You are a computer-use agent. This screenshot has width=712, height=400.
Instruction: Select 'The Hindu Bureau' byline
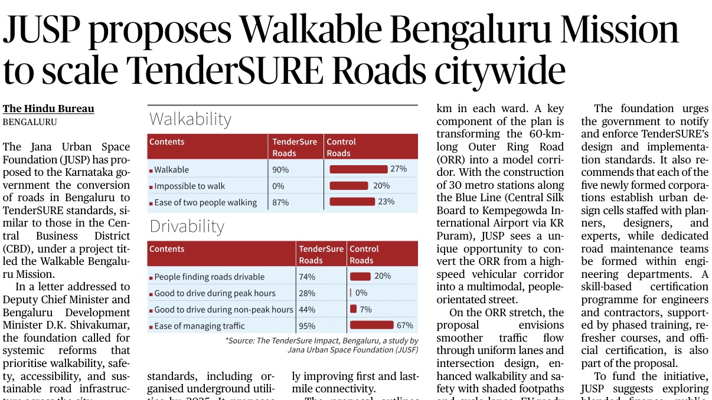[x=48, y=109]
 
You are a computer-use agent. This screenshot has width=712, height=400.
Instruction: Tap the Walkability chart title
[x=190, y=119]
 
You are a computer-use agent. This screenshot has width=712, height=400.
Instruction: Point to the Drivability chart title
[x=187, y=227]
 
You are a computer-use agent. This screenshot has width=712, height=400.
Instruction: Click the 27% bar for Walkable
[x=358, y=169]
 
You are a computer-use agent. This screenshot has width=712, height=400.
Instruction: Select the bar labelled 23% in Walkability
[x=352, y=202]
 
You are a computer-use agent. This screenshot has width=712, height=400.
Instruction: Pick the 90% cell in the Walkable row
[x=280, y=170]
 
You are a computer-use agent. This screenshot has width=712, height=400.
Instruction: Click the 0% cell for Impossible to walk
[x=278, y=186]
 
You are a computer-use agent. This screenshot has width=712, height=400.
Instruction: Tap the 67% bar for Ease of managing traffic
[x=371, y=325]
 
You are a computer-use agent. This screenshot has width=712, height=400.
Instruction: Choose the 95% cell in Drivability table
[x=307, y=326]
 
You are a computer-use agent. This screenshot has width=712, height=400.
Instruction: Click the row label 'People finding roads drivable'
[x=210, y=277]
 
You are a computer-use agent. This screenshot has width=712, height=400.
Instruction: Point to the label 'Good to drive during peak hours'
[x=215, y=293]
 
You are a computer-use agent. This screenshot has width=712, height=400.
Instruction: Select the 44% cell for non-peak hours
[x=307, y=309]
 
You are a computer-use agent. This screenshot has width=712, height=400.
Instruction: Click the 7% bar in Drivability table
[x=353, y=309]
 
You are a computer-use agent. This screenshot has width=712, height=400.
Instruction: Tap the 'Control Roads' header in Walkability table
[x=341, y=147]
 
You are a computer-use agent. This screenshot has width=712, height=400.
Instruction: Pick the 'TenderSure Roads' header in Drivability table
[x=321, y=255]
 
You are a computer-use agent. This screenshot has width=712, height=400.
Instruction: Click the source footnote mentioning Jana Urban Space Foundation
[x=322, y=345]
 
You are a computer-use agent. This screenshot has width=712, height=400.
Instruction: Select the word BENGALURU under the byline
[x=30, y=122]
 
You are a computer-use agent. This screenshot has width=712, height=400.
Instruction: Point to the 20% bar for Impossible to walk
[x=349, y=186]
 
